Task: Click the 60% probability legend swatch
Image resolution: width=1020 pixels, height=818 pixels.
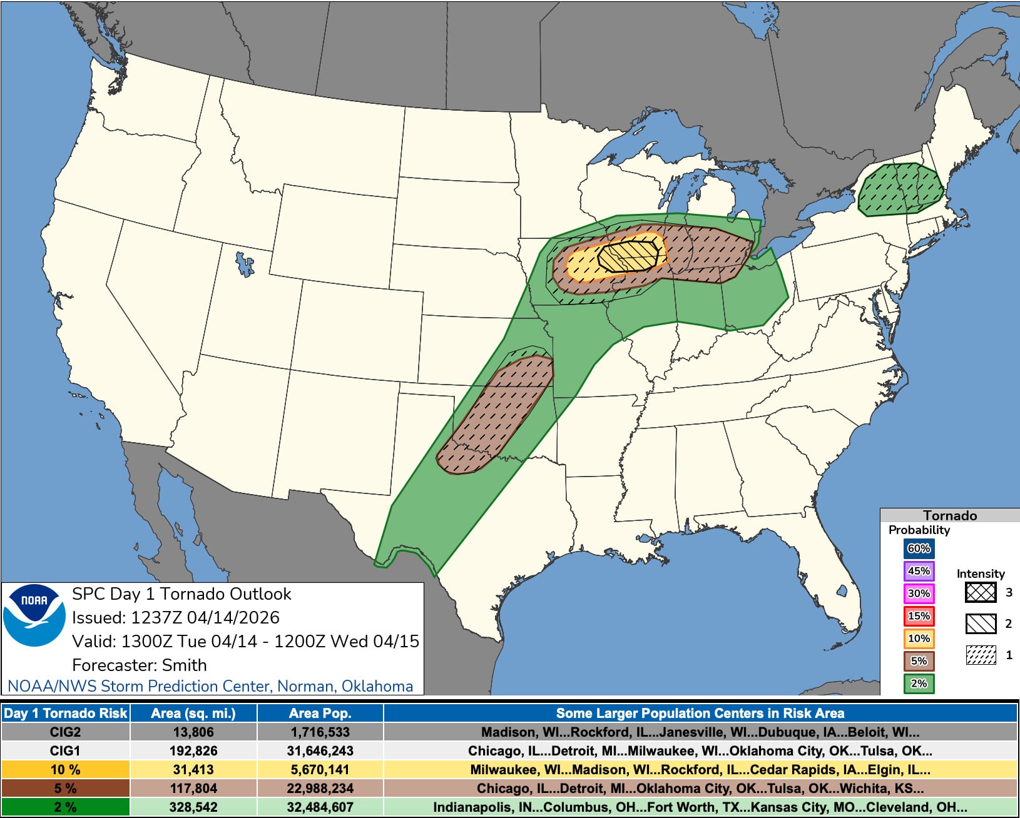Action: click(919, 548)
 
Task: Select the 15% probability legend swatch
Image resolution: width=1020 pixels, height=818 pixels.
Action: click(919, 616)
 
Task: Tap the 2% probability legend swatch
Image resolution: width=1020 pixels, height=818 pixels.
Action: click(919, 684)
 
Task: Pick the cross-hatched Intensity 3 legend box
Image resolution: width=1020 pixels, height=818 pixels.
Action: click(980, 592)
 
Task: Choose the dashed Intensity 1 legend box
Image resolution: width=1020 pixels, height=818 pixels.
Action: click(980, 655)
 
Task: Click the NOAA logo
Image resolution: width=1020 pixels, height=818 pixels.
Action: click(34, 615)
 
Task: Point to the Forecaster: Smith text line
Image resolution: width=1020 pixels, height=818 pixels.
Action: click(139, 665)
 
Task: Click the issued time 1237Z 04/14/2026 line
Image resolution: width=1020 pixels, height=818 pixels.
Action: click(175, 618)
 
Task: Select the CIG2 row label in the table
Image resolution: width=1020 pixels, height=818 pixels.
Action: click(65, 732)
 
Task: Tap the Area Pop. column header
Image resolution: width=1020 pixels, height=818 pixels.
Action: click(320, 713)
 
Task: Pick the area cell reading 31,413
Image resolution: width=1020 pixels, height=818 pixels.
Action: click(193, 769)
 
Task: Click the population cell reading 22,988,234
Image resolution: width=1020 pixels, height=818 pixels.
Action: click(320, 788)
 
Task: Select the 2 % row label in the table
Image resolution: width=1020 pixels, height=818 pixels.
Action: click(65, 807)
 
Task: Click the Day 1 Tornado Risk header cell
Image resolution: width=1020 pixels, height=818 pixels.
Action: click(65, 713)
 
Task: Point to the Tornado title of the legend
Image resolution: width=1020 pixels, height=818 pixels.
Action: click(949, 515)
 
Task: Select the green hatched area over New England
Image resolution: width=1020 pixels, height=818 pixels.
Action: click(900, 189)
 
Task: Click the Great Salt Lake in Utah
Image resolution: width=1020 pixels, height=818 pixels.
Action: click(245, 263)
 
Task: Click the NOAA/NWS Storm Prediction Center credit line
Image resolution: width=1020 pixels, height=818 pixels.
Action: click(210, 686)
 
